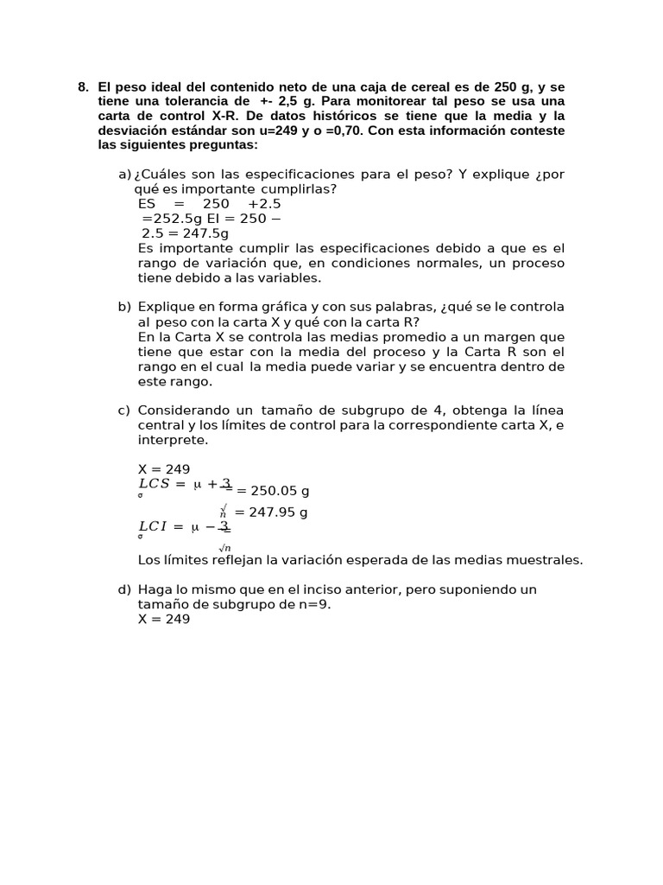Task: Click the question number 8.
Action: [x=83, y=87]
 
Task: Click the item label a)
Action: [x=125, y=175]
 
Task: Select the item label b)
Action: [x=125, y=307]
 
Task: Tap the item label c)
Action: [x=125, y=410]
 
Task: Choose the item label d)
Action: [x=125, y=589]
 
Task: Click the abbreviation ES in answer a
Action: [x=147, y=204]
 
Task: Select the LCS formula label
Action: [x=156, y=484]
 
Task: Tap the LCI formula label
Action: [x=155, y=526]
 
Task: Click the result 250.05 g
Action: [x=274, y=491]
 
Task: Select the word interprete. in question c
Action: [x=173, y=439]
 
